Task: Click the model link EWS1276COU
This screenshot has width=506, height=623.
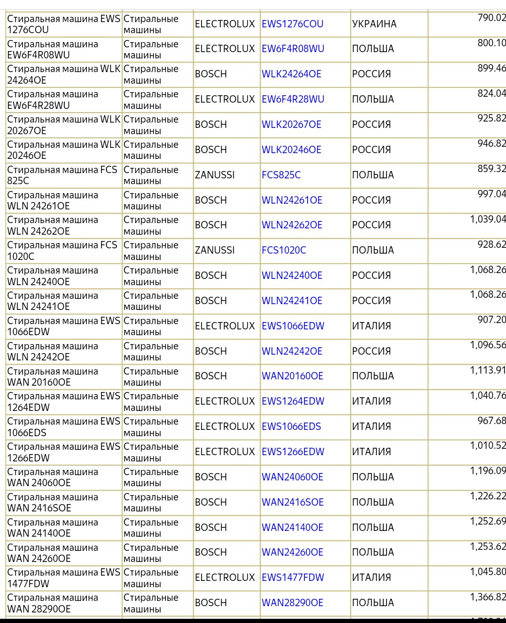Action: click(292, 24)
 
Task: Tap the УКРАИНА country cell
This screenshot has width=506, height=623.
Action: click(374, 24)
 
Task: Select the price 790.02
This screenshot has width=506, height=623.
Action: click(491, 18)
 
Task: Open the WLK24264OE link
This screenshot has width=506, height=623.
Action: click(291, 74)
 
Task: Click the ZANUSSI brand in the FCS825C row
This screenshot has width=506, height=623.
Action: click(215, 175)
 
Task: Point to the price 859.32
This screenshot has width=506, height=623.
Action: click(491, 169)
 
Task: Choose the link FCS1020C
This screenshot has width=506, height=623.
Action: click(284, 250)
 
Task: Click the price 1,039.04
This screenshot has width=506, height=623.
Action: click(488, 219)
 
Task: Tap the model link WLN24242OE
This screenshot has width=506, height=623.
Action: click(292, 351)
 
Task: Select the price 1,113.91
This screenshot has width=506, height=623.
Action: click(488, 370)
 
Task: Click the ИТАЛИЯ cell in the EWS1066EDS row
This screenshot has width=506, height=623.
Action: click(371, 427)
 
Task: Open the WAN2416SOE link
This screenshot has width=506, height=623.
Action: click(292, 503)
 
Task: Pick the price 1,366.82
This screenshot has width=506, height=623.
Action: click(488, 597)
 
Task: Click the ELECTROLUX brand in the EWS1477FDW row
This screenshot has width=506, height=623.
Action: click(225, 578)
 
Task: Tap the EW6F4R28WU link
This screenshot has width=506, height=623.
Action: click(293, 99)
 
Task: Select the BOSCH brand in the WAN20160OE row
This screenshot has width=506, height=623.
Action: click(211, 376)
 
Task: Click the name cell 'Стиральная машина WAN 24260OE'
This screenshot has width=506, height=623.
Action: click(53, 552)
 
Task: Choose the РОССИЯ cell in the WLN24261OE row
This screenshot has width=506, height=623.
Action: click(371, 200)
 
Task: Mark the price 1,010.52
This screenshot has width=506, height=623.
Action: click(488, 446)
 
